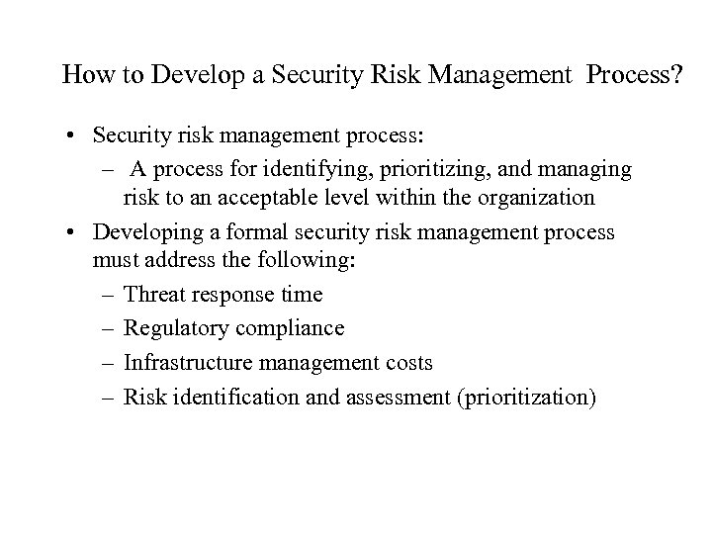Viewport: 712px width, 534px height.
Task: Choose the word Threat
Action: click(x=154, y=295)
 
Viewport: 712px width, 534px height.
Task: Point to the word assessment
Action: click(x=392, y=398)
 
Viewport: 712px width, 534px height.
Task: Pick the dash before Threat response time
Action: click(x=106, y=295)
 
